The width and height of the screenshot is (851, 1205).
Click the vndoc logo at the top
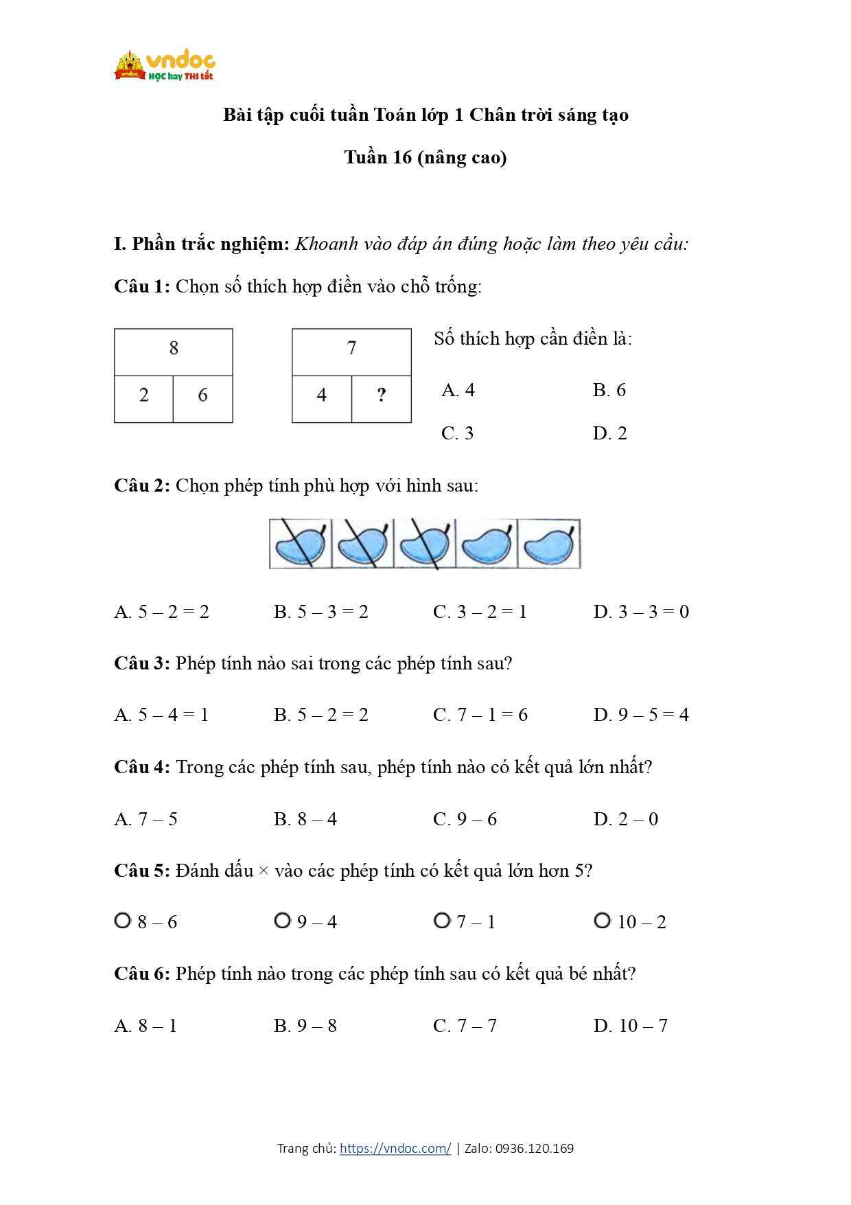165,66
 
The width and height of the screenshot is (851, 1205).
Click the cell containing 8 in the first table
174,349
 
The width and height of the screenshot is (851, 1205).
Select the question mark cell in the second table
382,395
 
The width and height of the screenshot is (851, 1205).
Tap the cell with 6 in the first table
202,395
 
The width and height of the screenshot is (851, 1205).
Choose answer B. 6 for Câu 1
609,390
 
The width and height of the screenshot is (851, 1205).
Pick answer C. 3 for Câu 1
457,433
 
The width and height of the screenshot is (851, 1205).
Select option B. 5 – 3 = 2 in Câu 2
320,612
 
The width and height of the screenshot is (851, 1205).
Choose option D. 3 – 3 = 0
640,612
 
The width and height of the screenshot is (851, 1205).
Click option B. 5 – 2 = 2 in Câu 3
320,715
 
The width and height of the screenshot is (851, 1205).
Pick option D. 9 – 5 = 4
640,715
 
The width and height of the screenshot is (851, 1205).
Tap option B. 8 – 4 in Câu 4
305,819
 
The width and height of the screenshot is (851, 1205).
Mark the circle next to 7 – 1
442,920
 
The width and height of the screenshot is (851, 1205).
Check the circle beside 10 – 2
602,920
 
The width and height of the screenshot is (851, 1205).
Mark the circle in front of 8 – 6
123,920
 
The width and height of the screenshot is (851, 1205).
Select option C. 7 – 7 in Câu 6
465,1026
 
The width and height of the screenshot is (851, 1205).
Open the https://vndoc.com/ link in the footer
395,1148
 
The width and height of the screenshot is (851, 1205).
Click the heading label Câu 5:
141,871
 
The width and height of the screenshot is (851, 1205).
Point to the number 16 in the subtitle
402,158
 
